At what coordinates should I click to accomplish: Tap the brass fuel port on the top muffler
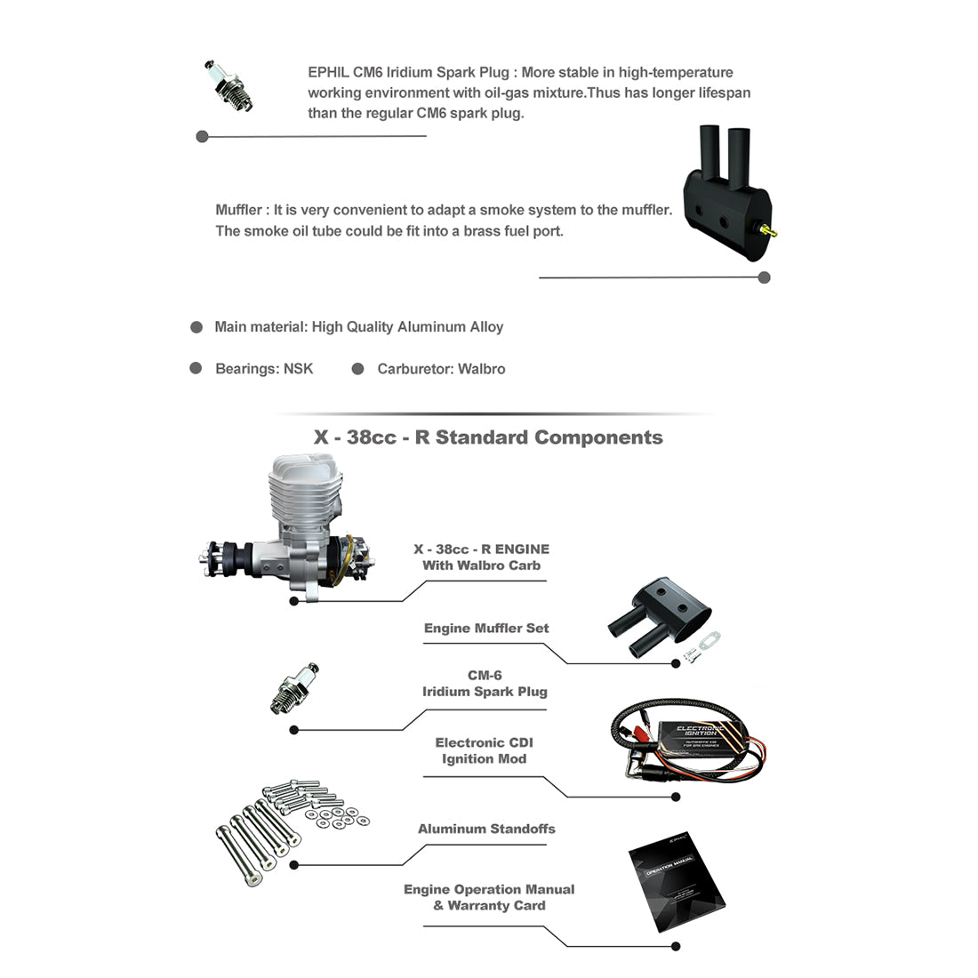(x=770, y=233)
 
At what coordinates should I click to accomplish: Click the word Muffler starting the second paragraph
(x=238, y=210)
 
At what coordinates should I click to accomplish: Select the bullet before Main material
(x=196, y=327)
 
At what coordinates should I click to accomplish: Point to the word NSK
(x=298, y=369)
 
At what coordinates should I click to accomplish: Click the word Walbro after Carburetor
(x=481, y=369)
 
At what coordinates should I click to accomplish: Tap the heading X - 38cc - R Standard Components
(x=488, y=437)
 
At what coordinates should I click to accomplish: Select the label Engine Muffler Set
(x=486, y=629)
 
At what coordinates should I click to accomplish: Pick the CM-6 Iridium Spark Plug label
(x=485, y=684)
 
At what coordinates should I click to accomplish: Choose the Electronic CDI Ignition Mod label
(x=484, y=751)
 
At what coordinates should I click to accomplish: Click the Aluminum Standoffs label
(x=486, y=829)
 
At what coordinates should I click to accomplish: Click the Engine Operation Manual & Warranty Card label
(x=489, y=897)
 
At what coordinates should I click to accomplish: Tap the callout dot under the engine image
(x=294, y=601)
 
